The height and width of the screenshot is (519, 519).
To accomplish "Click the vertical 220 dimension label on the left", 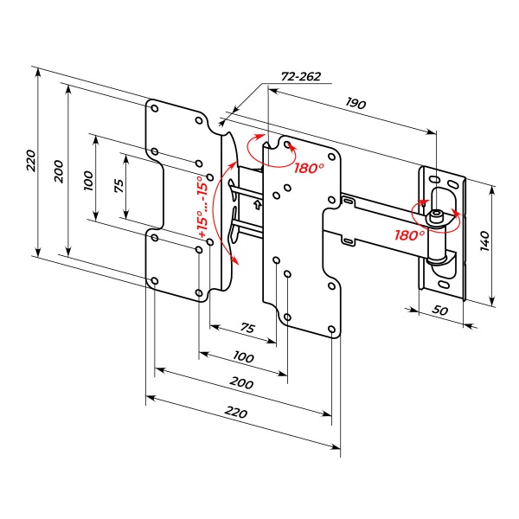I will [30, 159].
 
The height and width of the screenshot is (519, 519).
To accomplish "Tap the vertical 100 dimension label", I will [87, 180].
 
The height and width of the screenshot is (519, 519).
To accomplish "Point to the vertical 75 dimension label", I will [119, 185].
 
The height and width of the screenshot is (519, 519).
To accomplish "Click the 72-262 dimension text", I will [301, 77].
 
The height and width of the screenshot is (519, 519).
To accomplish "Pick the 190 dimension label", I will [356, 104].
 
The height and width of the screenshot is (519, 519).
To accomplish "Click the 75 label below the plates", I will [247, 328].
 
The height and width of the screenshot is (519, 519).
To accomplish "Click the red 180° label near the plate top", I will [308, 168].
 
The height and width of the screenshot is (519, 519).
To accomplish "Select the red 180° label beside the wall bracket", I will [409, 234].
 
